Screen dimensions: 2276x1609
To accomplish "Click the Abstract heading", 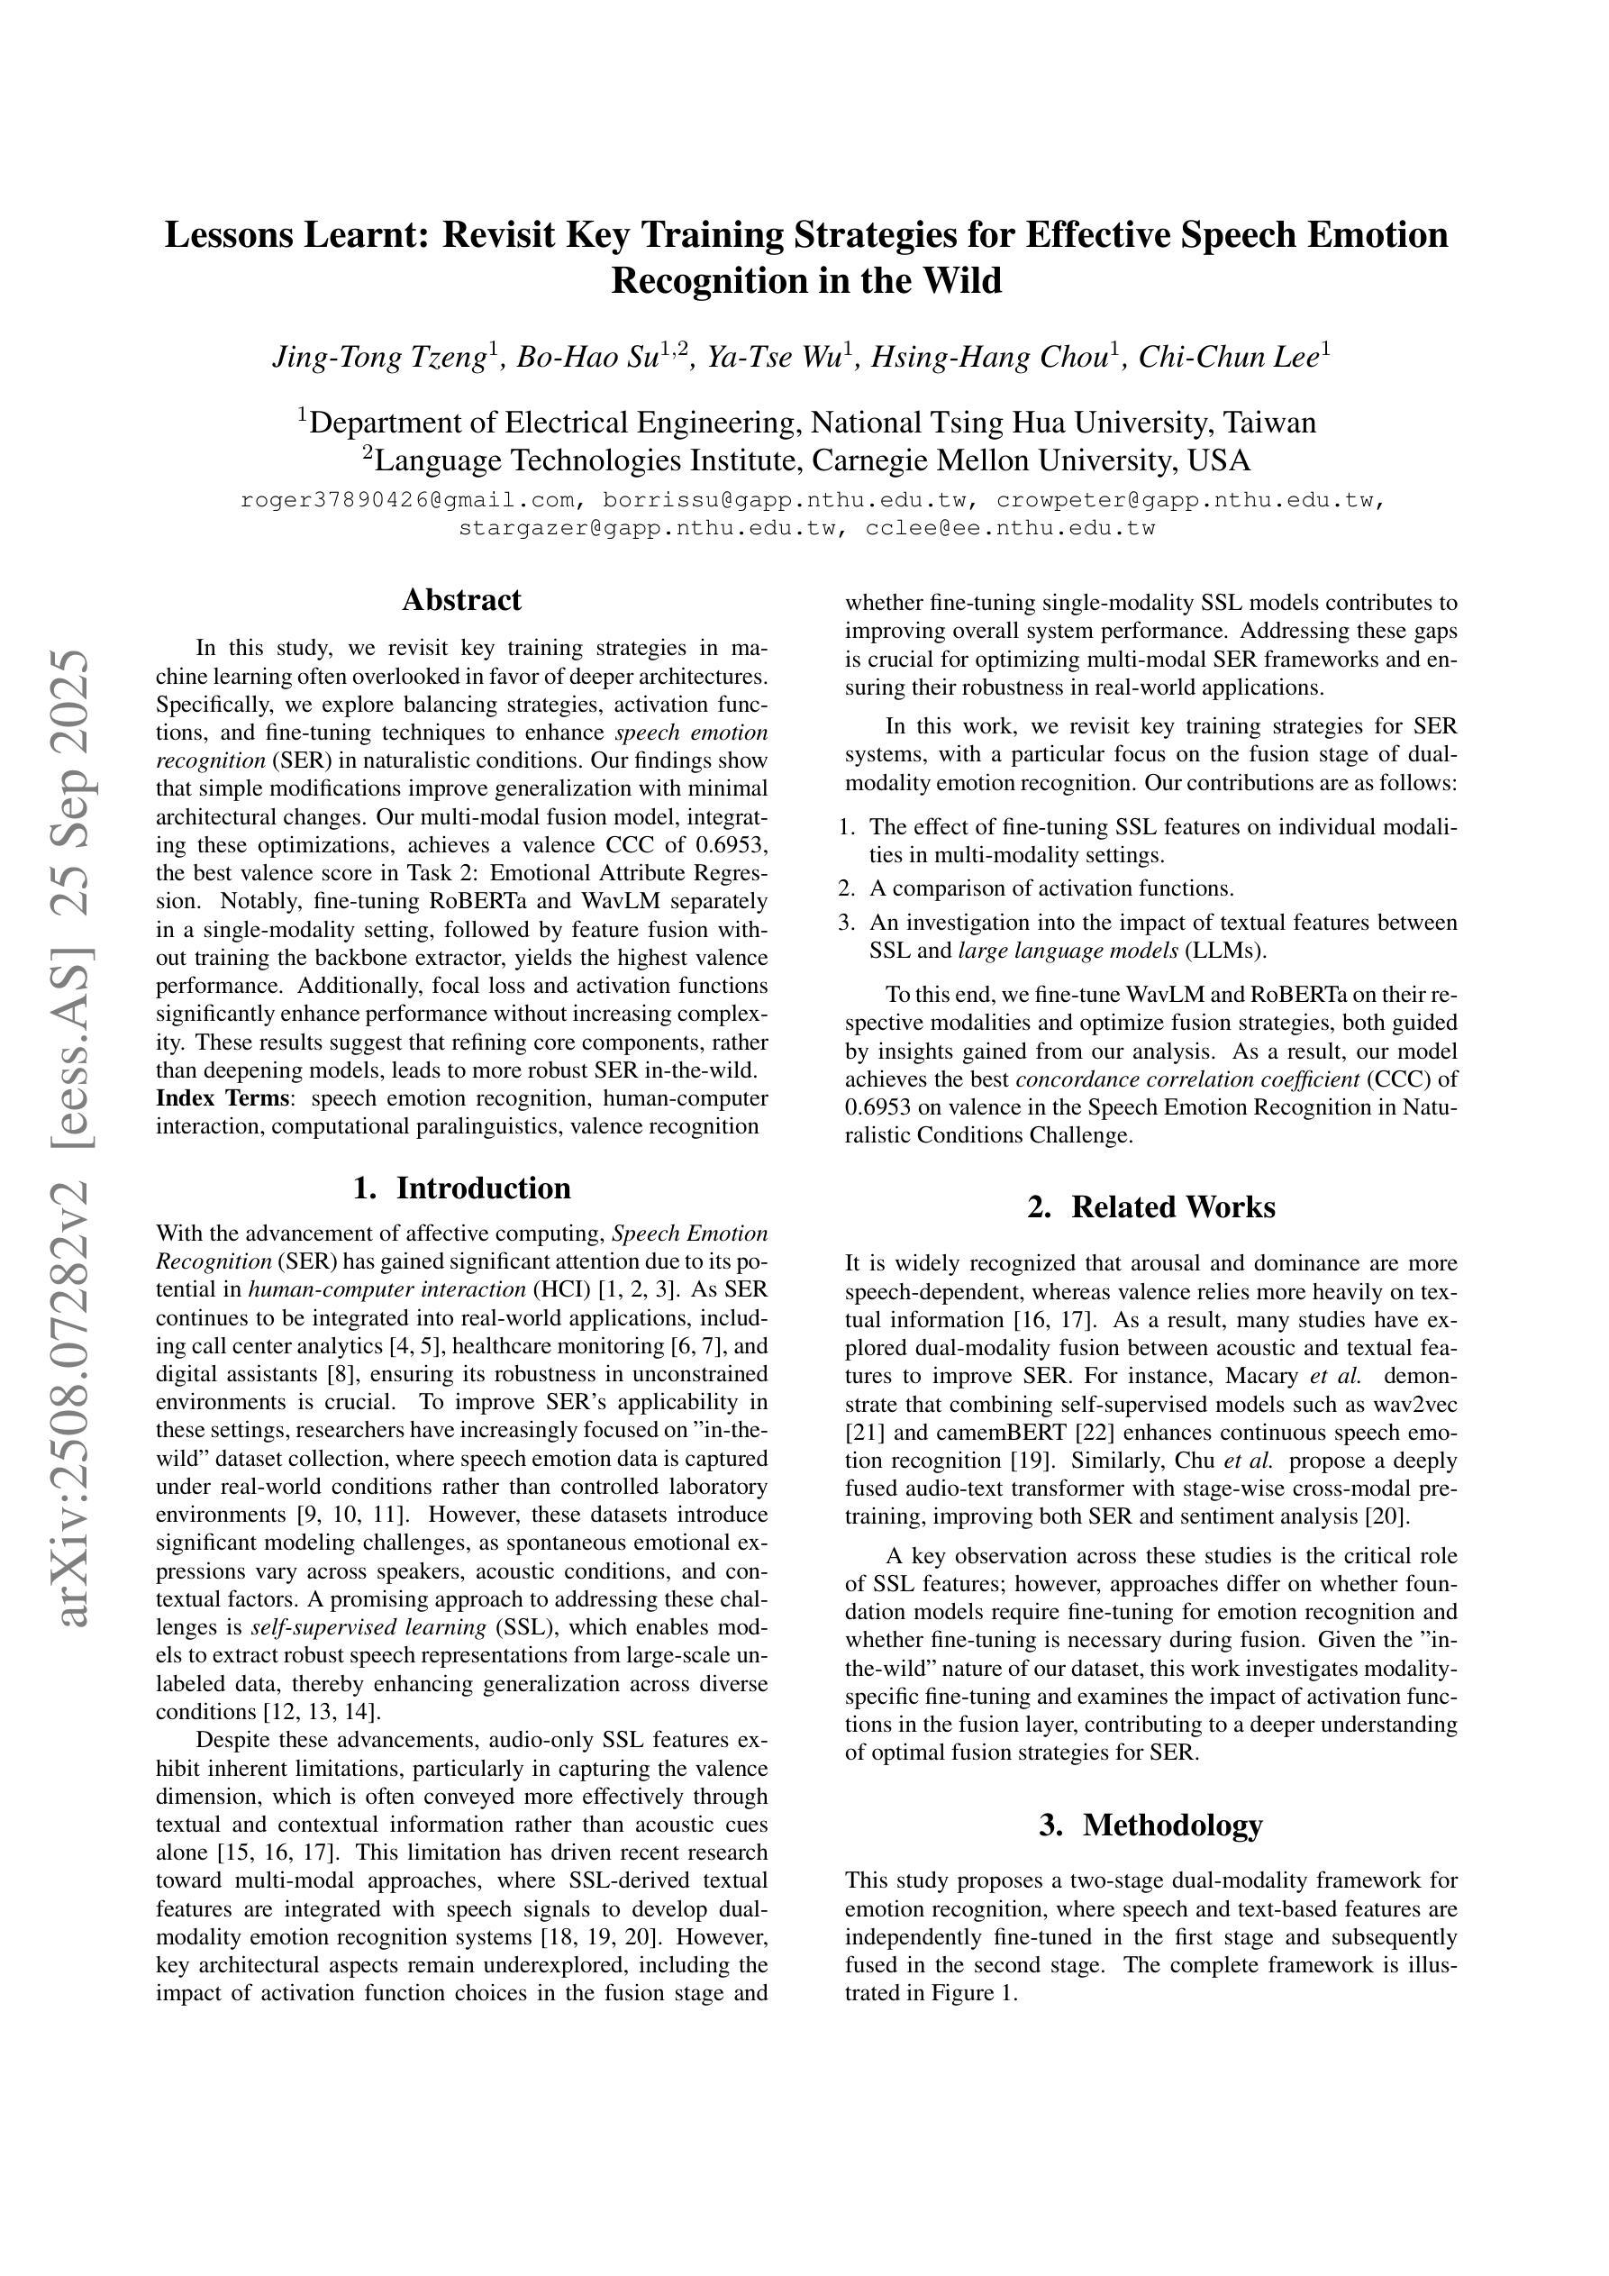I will tap(461, 600).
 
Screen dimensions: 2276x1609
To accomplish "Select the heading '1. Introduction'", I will tap(461, 1188).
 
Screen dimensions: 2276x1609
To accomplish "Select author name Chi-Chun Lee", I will tap(1230, 357).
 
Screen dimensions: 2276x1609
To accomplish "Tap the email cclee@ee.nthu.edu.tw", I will tap(1010, 528).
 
